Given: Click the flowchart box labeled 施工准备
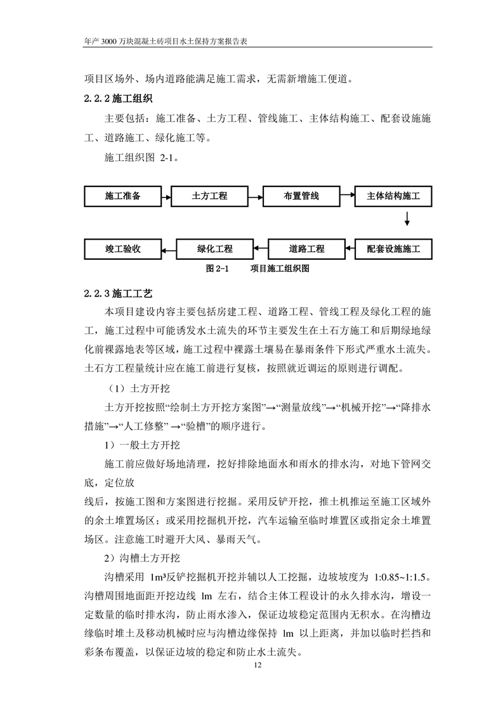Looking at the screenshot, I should coord(122,196).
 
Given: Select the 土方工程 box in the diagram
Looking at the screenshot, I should coord(209,196).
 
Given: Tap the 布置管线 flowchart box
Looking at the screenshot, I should coord(301,196).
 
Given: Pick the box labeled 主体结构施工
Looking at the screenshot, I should coord(393,196).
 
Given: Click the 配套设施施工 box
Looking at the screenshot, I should coord(393,248).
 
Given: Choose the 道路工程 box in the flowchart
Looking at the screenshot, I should coord(306,248).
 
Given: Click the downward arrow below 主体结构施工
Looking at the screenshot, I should coord(407,219).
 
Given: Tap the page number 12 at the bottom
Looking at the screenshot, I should coord(257,665).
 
